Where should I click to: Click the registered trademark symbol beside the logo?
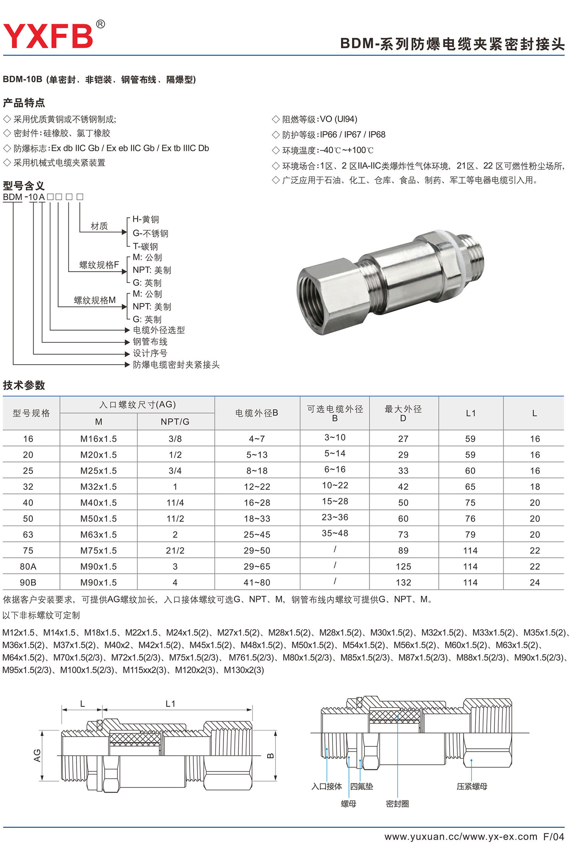tap(100, 25)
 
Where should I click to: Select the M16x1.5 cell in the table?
tap(98, 439)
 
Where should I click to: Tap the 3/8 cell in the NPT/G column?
tap(175, 439)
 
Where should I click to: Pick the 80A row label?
tap(28, 566)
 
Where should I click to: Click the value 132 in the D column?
tap(403, 582)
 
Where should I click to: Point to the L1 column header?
tap(471, 413)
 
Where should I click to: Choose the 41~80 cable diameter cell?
tap(257, 582)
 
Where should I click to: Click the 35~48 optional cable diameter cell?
tap(335, 533)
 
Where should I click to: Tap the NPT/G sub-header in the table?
tap(175, 422)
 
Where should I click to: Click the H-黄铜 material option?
tap(146, 219)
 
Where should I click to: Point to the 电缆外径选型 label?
tap(158, 330)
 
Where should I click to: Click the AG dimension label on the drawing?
tap(37, 755)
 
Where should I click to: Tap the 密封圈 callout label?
tap(397, 803)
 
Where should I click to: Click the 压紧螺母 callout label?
tap(472, 786)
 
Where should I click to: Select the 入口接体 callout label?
tap(326, 786)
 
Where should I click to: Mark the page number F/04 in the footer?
tap(553, 837)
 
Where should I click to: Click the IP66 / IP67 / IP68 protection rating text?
tap(352, 135)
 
